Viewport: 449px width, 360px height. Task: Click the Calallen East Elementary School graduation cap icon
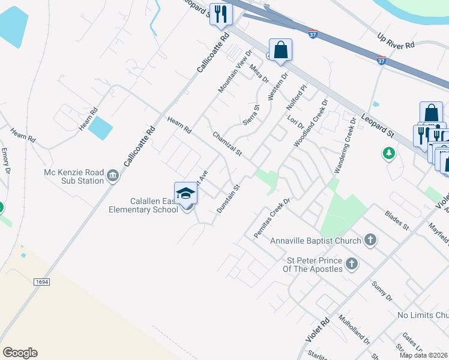(x=186, y=193)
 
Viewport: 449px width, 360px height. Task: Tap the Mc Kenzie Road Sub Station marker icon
(x=113, y=176)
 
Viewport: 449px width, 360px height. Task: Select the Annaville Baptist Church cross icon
(x=370, y=241)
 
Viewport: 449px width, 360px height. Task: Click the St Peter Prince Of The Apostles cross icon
(x=352, y=264)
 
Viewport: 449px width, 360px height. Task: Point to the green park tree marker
(x=389, y=154)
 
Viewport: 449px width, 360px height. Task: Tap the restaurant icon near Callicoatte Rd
(x=221, y=13)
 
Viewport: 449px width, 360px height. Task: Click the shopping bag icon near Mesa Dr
(x=280, y=50)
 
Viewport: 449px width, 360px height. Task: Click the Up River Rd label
(x=396, y=40)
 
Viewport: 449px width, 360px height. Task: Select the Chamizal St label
(x=227, y=145)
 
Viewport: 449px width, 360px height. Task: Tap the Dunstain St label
(x=228, y=198)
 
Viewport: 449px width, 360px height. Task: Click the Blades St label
(x=397, y=219)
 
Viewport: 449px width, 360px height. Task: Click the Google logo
(x=20, y=353)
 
